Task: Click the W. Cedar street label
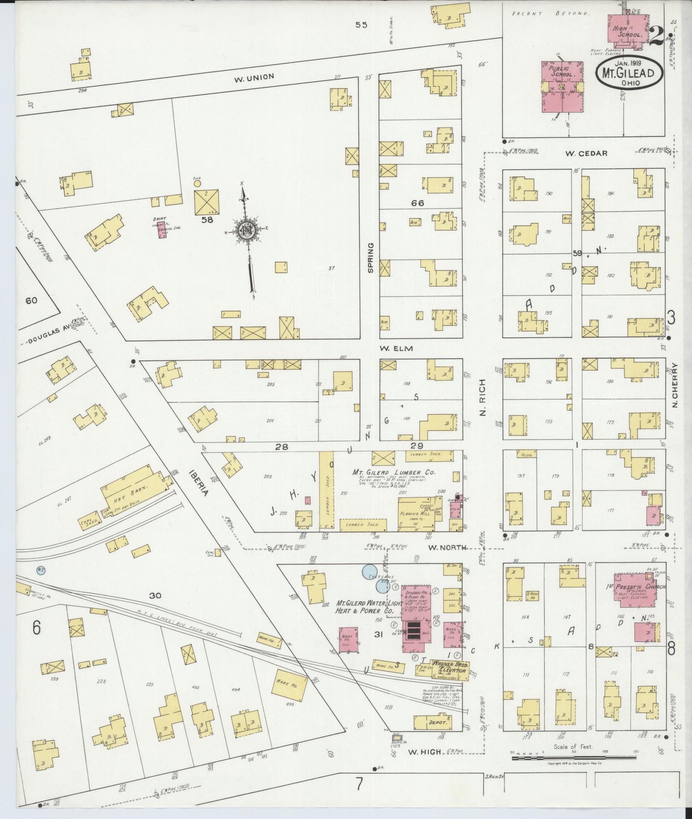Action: coord(581,153)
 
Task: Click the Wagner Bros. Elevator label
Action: coord(450,679)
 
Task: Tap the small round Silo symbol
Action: coord(197,184)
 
